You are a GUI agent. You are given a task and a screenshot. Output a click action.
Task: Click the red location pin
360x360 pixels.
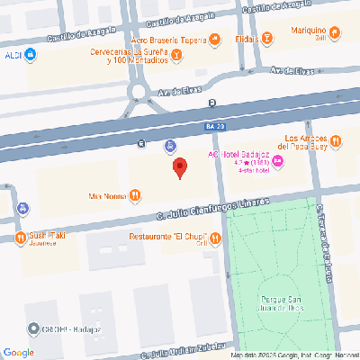(x=179, y=167)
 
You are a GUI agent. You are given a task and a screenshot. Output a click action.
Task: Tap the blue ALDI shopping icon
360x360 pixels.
(x=31, y=55)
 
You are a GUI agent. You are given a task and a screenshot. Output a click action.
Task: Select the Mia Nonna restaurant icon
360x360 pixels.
(x=134, y=194)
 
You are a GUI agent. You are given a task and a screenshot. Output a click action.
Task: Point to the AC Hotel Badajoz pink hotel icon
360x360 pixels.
(x=278, y=161)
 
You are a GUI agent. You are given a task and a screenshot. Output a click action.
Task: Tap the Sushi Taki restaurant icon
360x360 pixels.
(x=20, y=238)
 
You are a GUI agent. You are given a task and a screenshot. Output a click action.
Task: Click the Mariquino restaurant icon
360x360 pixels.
(x=335, y=32)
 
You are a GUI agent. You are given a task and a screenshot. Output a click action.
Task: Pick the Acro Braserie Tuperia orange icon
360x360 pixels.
(x=214, y=38)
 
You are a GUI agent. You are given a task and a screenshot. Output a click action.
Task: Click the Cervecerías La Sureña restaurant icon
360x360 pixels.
(x=177, y=56)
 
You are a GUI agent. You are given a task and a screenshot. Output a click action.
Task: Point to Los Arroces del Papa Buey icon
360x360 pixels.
(x=335, y=140)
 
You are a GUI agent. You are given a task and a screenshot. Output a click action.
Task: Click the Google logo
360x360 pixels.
(x=19, y=352)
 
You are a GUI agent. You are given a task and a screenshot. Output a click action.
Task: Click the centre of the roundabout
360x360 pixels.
(x=139, y=91)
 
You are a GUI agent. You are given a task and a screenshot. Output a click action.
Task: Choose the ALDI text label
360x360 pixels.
(x=12, y=55)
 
